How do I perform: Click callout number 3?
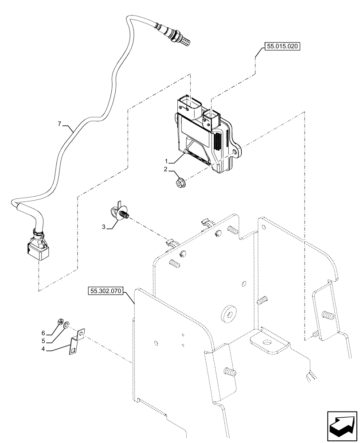pos(104,227)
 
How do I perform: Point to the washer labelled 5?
pos(66,326)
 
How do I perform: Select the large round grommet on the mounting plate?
pos(229,313)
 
